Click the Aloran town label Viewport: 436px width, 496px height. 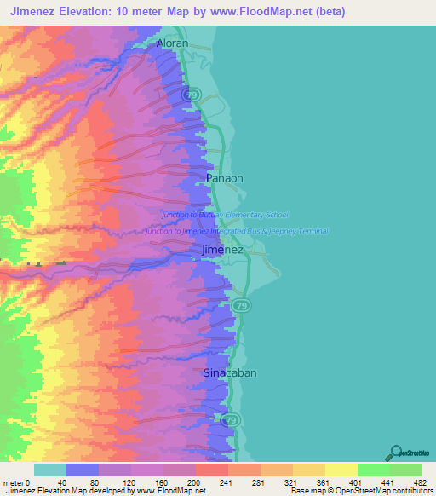172,43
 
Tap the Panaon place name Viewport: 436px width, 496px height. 225,178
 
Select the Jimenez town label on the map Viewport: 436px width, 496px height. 222,250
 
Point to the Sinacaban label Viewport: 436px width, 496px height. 230,373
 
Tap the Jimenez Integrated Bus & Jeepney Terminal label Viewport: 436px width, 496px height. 236,231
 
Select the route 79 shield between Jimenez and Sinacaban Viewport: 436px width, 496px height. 243,305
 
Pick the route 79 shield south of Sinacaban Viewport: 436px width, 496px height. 230,420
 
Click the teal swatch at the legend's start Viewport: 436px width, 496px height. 50,470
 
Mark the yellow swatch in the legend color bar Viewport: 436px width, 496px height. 341,470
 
